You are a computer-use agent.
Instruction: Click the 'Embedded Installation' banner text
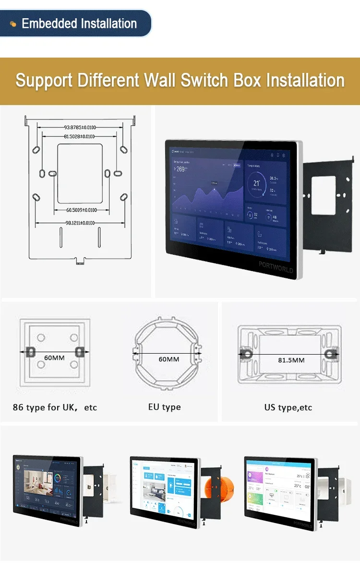pyautogui.click(x=79, y=24)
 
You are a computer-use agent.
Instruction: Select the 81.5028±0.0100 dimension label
pyautogui.click(x=79, y=137)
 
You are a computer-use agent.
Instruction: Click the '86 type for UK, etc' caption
pyautogui.click(x=55, y=407)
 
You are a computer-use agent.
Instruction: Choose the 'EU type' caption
pyautogui.click(x=165, y=407)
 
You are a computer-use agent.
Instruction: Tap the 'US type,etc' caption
pyautogui.click(x=288, y=407)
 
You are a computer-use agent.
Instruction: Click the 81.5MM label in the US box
pyautogui.click(x=291, y=360)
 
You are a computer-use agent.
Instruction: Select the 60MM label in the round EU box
pyautogui.click(x=168, y=359)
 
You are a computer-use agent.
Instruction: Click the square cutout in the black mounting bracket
pyautogui.click(x=324, y=196)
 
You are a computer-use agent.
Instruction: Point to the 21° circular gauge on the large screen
pyautogui.click(x=257, y=184)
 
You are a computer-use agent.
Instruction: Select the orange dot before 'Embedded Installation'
pyautogui.click(x=13, y=24)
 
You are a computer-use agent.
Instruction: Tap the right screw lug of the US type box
pyautogui.click(x=331, y=354)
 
